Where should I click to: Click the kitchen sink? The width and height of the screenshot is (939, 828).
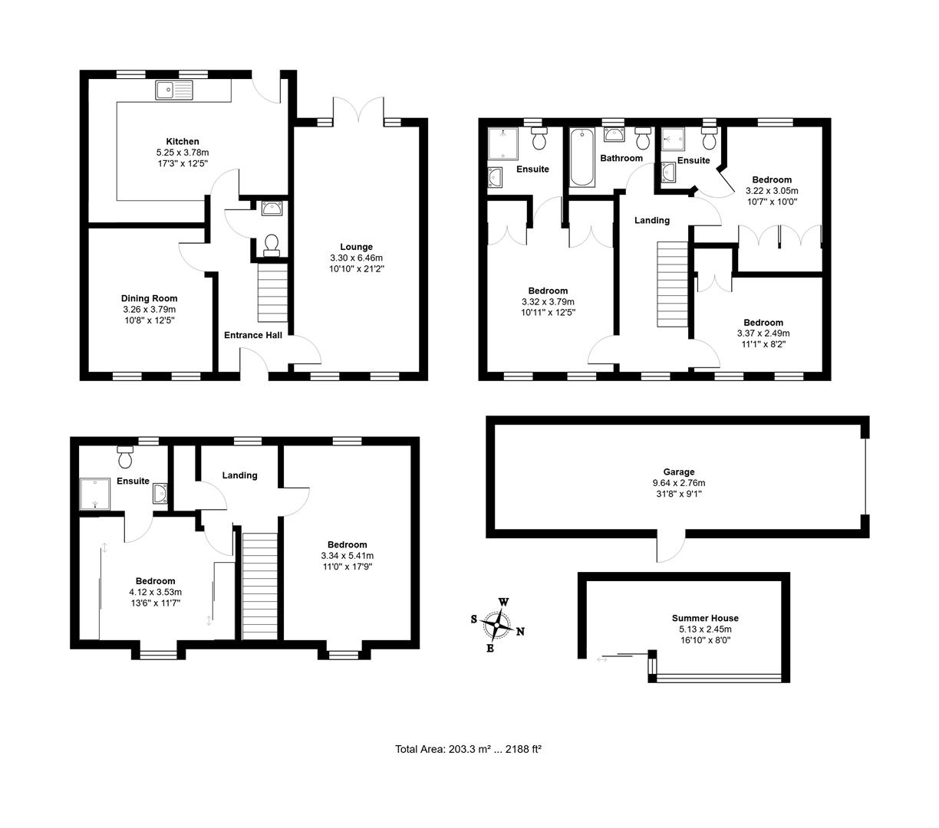click(x=176, y=90)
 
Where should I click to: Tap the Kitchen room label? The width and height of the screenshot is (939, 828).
click(x=183, y=141)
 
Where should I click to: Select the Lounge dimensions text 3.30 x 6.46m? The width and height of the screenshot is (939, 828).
click(x=356, y=258)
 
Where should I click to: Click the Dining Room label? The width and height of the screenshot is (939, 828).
click(x=149, y=298)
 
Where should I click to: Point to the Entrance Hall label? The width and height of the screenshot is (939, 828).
click(x=253, y=335)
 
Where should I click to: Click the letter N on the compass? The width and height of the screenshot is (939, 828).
click(x=520, y=632)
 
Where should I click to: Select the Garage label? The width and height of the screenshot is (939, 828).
click(x=678, y=472)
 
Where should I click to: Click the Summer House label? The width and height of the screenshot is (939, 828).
click(x=705, y=618)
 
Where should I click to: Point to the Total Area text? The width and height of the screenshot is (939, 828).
click(x=468, y=749)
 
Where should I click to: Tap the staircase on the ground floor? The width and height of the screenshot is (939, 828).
click(x=272, y=293)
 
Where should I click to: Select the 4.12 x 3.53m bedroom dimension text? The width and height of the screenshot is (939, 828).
click(x=155, y=592)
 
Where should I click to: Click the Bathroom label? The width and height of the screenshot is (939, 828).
click(x=621, y=158)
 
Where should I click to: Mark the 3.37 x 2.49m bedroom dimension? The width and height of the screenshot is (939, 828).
click(x=763, y=333)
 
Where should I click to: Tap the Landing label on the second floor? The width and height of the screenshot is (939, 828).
click(x=239, y=475)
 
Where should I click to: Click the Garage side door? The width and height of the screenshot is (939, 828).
click(x=670, y=546)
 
